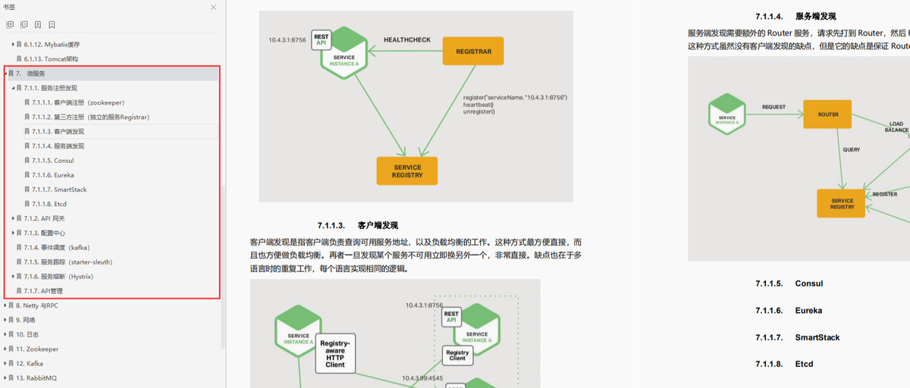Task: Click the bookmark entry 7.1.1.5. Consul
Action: [x=52, y=161]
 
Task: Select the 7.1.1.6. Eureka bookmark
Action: [x=53, y=175]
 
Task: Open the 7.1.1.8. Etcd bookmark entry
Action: [x=50, y=204]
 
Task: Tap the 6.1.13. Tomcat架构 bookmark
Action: [x=51, y=58]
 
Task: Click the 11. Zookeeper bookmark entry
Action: [x=37, y=349]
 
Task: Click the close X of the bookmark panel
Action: [x=215, y=6]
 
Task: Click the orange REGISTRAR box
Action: [x=473, y=52]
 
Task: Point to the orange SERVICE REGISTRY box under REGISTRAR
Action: [x=407, y=171]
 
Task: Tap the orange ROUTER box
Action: [x=828, y=114]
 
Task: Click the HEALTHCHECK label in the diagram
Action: [x=407, y=39]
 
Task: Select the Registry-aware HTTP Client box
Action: [x=335, y=354]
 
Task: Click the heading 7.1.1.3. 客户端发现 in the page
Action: [x=358, y=225]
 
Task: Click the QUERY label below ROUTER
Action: [x=851, y=150]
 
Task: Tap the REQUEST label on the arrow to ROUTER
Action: [x=773, y=108]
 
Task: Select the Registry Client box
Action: [x=457, y=355]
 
